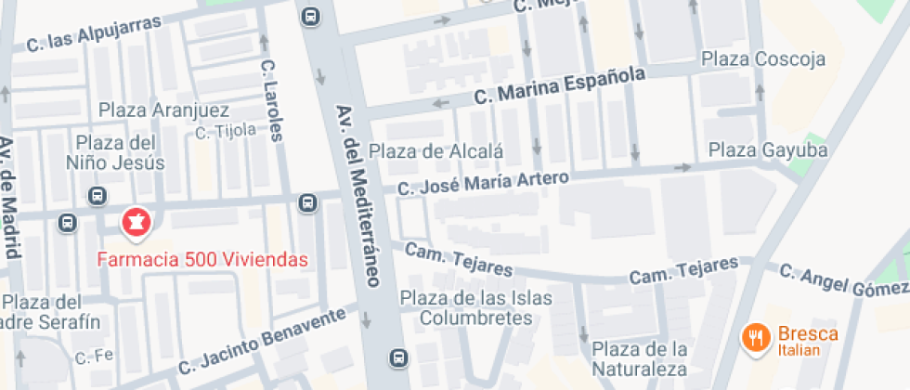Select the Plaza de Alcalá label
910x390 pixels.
tap(435, 151)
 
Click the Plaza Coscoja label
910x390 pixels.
tap(763, 59)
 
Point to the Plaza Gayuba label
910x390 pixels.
tap(768, 149)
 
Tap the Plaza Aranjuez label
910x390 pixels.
tap(163, 110)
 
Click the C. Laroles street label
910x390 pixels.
tap(270, 101)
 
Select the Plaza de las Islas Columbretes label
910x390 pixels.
tap(476, 308)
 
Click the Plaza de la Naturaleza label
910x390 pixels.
tap(640, 359)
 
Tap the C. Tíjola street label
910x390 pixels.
tap(226, 131)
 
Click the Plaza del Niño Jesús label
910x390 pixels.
tap(121, 153)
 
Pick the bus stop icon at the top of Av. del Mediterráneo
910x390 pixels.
tap(309, 16)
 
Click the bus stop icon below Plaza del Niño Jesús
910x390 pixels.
tap(97, 196)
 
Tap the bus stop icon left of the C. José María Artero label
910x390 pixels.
tap(306, 202)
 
